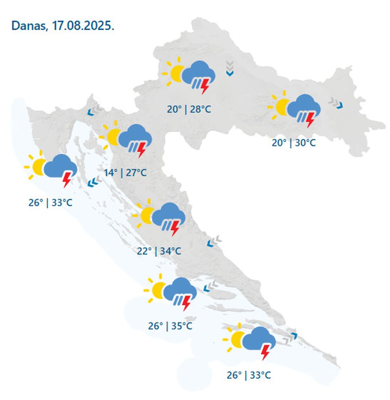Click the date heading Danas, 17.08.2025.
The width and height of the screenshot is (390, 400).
tap(63, 26)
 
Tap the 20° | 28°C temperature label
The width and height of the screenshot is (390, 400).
tap(189, 110)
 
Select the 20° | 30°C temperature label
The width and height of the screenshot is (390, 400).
tap(294, 143)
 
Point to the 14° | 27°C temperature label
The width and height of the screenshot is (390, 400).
tap(125, 173)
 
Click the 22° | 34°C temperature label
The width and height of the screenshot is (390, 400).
tap(159, 251)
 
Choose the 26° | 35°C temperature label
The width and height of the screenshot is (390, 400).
tap(170, 326)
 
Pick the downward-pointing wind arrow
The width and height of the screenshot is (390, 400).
tap(229, 68)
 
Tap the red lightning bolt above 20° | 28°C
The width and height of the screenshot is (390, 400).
tap(205, 85)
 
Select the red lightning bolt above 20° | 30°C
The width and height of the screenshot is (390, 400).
tap(310, 119)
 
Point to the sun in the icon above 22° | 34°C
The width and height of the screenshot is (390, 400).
tap(147, 216)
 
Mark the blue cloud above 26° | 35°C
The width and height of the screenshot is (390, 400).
tap(180, 289)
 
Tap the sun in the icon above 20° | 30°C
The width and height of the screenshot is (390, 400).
tap(282, 106)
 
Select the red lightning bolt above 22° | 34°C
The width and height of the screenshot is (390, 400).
tap(175, 228)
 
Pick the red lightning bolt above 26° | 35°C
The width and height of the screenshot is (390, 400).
tap(186, 303)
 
